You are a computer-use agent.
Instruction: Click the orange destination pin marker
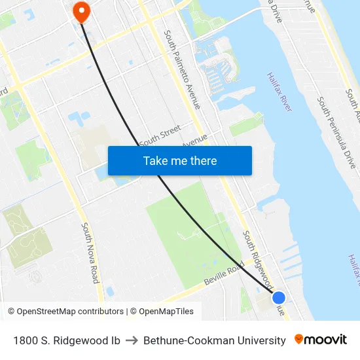pyautogui.click(x=81, y=10)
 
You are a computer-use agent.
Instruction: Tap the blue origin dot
pyautogui.click(x=278, y=297)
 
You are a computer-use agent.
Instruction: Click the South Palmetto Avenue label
pyautogui.click(x=183, y=69)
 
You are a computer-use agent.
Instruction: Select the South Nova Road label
pyautogui.click(x=90, y=252)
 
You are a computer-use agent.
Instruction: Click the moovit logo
pyautogui.click(x=320, y=340)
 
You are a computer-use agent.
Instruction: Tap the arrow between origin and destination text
pyautogui.click(x=132, y=340)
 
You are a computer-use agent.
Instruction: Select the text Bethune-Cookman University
pyautogui.click(x=214, y=340)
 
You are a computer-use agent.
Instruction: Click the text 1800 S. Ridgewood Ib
pyautogui.click(x=66, y=340)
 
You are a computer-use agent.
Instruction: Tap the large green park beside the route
pyautogui.click(x=187, y=236)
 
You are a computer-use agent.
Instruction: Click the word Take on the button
pyautogui.click(x=154, y=161)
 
